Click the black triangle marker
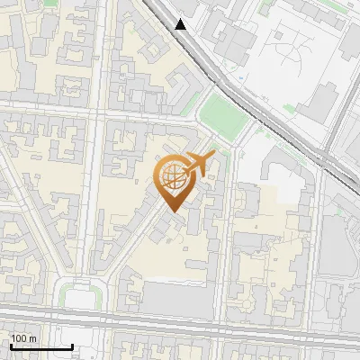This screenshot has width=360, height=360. coord(181,24)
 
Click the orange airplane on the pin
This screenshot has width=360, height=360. coord(199,165)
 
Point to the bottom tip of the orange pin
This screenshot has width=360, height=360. coord(172,211)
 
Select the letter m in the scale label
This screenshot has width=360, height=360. coord(33,338)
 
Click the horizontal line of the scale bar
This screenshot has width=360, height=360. coord(40,346)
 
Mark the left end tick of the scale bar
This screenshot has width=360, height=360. coord(11,345)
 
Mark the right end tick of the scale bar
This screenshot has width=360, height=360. coord(72,345)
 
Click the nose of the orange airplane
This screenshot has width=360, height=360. coord(215,157)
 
